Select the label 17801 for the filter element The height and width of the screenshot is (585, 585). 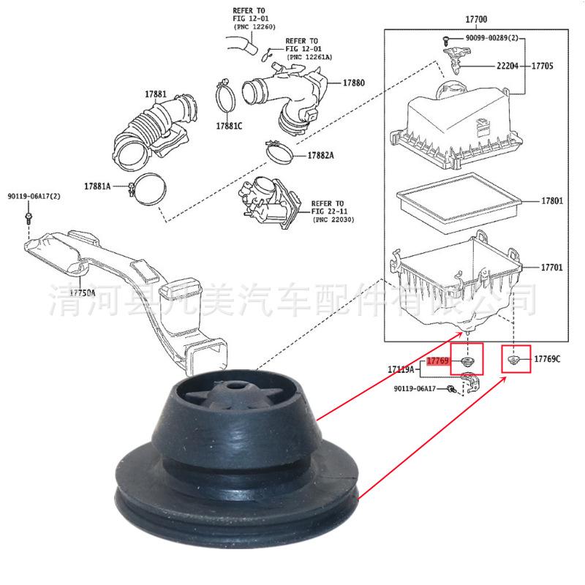[551, 200]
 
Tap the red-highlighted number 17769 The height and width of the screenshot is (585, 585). [437, 361]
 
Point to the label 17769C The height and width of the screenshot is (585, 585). [546, 359]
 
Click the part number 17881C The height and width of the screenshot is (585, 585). [228, 126]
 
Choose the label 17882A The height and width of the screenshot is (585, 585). [320, 156]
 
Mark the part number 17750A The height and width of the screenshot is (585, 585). [83, 292]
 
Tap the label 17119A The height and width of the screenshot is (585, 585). [401, 370]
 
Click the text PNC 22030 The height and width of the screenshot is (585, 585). [334, 220]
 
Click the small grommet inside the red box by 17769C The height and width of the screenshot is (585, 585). [515, 360]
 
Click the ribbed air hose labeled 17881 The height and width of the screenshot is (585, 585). [146, 128]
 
